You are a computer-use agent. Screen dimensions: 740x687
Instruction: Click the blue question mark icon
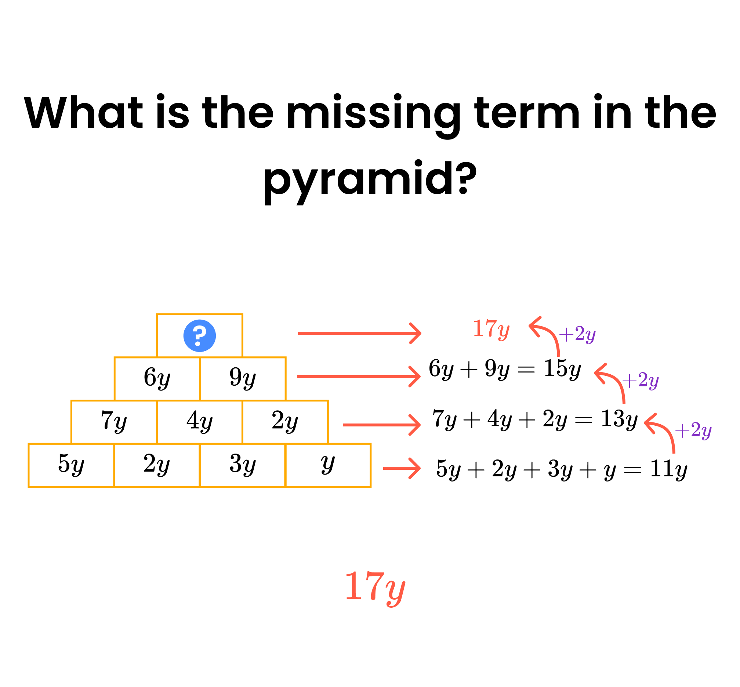coord(200,336)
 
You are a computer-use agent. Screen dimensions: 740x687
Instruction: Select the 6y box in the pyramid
coord(157,378)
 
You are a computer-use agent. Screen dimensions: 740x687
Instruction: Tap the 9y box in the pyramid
coord(243,378)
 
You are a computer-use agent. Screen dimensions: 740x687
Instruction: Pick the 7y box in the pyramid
coord(114,422)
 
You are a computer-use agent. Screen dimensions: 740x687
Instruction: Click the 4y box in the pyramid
coord(200,422)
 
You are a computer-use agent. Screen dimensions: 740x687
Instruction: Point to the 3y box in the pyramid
coord(243,465)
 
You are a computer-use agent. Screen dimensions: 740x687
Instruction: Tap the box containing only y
coord(329,465)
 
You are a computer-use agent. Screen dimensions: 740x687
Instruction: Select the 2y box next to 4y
coord(285,422)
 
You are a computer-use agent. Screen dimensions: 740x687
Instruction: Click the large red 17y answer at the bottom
coord(375,588)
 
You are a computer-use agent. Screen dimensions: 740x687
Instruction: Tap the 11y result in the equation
coord(668,469)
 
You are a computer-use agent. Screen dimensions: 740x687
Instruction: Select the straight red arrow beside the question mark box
coord(359,333)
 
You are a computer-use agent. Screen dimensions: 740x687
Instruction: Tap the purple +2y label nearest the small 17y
coord(577,334)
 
